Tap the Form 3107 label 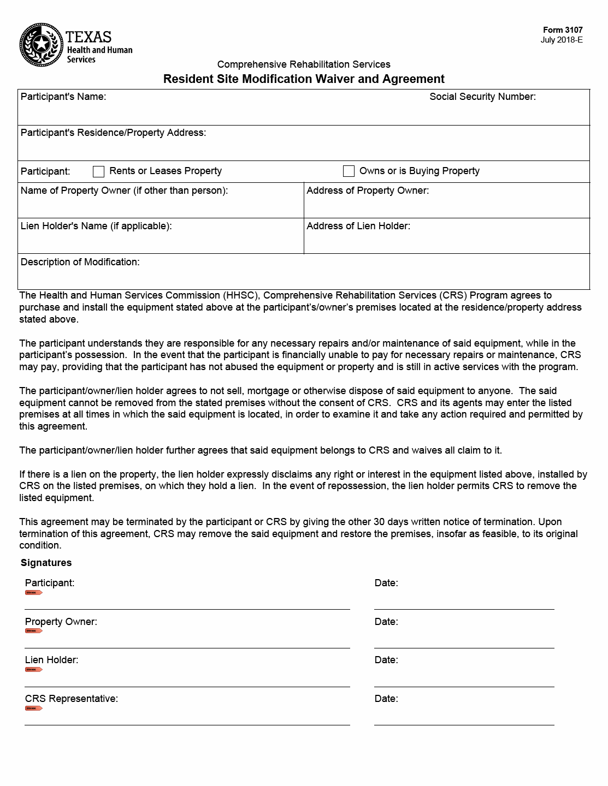point(563,30)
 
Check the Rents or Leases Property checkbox point(98,171)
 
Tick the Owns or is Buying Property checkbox point(349,171)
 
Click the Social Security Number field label point(482,97)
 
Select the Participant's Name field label point(63,97)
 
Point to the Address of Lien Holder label point(358,226)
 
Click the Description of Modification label point(80,262)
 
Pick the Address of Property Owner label point(368,190)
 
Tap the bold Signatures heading point(46,563)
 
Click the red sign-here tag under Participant point(33,592)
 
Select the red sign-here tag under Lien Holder point(33,669)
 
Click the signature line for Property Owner point(187,647)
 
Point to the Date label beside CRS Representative point(386,699)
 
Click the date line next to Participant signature point(464,609)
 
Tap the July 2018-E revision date point(562,40)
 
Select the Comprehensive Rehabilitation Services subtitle point(304,64)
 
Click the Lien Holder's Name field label point(96,226)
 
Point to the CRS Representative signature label point(71,699)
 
